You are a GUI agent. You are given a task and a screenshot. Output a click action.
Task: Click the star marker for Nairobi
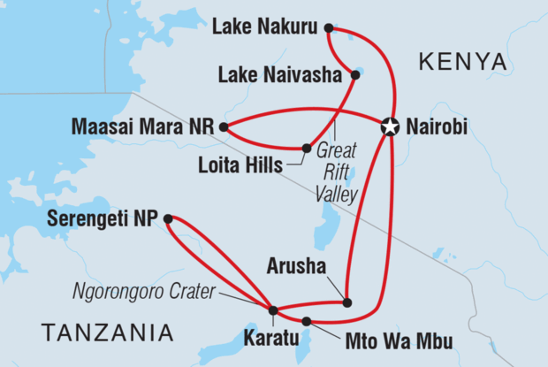[389, 126]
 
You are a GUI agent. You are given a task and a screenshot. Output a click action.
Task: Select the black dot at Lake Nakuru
[329, 28]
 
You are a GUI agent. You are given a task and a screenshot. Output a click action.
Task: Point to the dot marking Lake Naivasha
[355, 75]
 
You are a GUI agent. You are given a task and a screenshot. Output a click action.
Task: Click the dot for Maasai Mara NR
[224, 126]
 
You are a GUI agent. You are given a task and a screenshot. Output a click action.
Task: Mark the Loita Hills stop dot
[307, 149]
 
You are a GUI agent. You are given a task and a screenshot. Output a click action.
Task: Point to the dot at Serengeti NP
[168, 217]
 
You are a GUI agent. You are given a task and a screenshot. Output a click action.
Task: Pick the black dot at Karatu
[273, 310]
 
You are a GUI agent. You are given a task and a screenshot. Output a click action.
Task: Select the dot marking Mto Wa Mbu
[307, 321]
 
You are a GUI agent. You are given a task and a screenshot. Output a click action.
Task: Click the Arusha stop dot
[347, 302]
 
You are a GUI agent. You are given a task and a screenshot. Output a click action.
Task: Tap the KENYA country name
[463, 62]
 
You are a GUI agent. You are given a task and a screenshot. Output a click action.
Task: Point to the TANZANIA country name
[106, 333]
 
